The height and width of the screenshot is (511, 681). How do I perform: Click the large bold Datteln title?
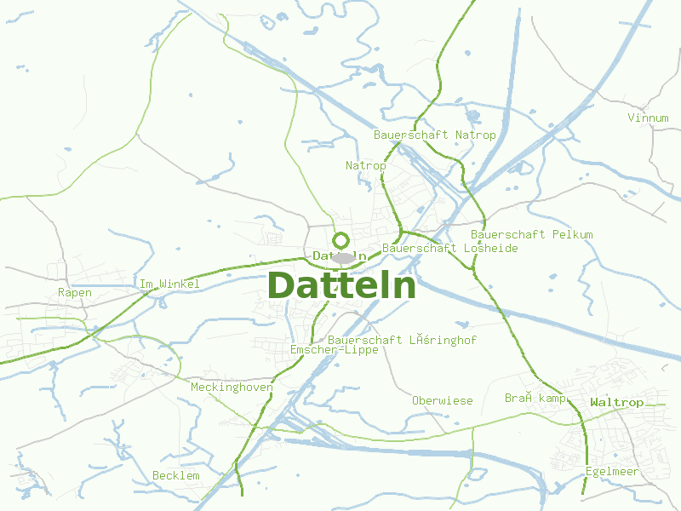click(x=342, y=286)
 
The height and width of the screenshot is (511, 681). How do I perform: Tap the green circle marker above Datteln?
click(x=341, y=240)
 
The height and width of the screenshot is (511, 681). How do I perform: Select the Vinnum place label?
click(x=648, y=118)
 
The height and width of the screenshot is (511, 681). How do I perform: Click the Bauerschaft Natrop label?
click(x=434, y=135)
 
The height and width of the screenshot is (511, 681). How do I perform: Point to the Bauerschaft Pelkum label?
click(x=531, y=234)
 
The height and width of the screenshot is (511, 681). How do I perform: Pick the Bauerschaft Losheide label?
click(x=449, y=248)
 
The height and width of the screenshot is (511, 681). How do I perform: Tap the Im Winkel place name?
click(x=169, y=284)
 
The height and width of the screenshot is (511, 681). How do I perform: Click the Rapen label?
click(x=75, y=292)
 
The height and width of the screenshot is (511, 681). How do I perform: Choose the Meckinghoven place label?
click(x=232, y=387)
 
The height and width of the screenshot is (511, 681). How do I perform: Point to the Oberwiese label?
click(x=442, y=400)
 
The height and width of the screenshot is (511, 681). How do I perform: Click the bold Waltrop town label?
click(x=616, y=402)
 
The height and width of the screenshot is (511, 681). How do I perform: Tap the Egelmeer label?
click(x=612, y=471)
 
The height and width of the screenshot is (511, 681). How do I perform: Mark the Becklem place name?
click(x=175, y=474)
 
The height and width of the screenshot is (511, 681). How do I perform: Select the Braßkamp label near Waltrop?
click(x=535, y=398)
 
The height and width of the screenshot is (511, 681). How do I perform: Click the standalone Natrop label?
click(x=365, y=165)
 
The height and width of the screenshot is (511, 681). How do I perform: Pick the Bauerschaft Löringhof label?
click(x=402, y=340)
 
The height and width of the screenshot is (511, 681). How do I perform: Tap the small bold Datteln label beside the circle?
click(x=340, y=255)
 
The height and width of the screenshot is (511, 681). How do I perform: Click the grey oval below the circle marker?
click(x=343, y=258)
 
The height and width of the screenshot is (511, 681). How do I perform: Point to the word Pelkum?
click(x=572, y=234)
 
